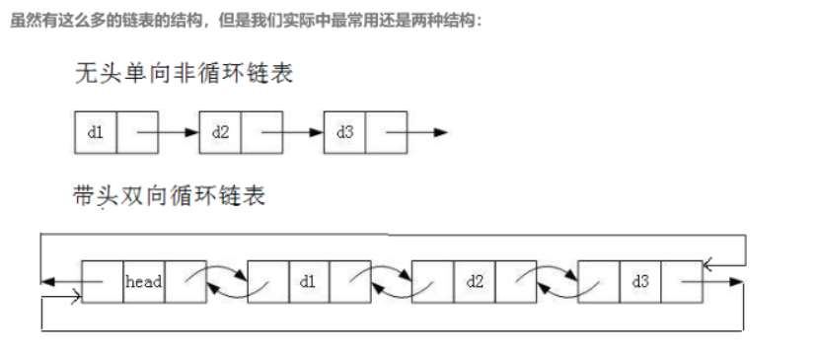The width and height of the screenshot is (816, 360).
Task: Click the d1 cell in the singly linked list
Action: (x=96, y=133)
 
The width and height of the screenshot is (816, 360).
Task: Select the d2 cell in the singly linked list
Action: (x=220, y=133)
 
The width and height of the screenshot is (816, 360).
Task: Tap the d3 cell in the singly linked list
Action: (x=344, y=133)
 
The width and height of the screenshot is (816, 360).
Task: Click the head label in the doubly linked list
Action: (x=144, y=282)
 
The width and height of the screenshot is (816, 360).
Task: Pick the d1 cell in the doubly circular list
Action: (x=309, y=282)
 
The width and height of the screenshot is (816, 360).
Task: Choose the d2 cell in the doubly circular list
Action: (x=475, y=282)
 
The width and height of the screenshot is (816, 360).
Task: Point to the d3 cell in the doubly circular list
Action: (x=639, y=282)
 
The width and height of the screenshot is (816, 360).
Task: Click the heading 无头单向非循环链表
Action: (x=184, y=75)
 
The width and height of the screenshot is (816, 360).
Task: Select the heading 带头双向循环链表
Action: (x=170, y=196)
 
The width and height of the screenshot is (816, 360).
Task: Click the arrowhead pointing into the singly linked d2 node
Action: (x=192, y=133)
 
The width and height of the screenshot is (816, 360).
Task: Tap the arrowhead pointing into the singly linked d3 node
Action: (x=317, y=133)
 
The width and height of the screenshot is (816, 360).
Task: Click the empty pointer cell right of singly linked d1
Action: (x=137, y=133)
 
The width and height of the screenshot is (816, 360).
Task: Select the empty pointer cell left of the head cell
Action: (x=103, y=282)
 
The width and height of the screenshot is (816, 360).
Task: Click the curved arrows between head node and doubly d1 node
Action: (x=226, y=281)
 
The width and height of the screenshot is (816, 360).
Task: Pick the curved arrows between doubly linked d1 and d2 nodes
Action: (x=391, y=281)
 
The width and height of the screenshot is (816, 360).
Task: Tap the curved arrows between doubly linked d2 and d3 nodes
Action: (x=556, y=281)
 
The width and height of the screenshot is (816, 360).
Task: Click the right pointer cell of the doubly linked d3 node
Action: (x=681, y=282)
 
